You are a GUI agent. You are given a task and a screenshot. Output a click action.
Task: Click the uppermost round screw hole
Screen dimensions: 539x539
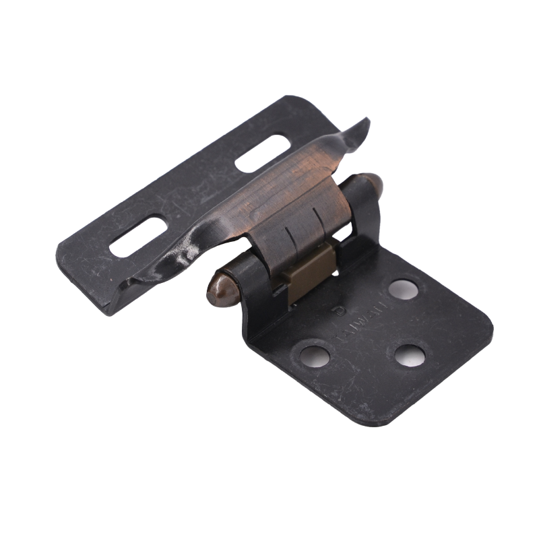tap(403, 289)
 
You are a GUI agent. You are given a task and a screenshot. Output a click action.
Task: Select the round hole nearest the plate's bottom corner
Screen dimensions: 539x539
tap(410, 355)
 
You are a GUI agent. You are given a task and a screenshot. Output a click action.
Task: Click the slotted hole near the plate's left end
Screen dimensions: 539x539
tap(138, 236)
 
